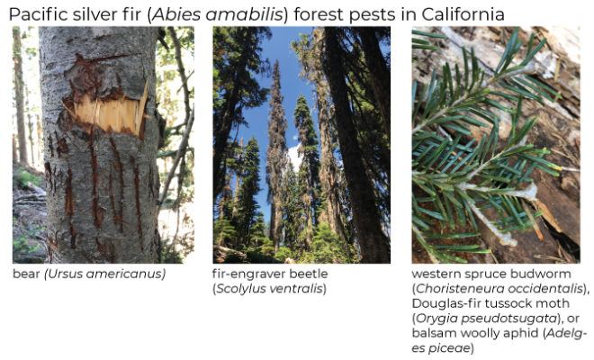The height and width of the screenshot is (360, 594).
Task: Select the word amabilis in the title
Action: coord(245,14)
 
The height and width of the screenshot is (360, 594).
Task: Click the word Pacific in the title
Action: coord(32,14)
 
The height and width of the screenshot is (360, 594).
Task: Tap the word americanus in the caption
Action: coord(124,274)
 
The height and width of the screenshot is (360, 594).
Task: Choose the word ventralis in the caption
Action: coord(295,289)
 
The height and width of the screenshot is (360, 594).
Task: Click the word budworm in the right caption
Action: coord(544,274)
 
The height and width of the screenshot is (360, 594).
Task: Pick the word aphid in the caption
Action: coord(524,334)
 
